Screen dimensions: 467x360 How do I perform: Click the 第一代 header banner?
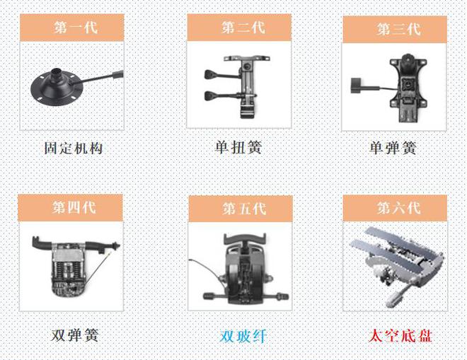tap(71, 28)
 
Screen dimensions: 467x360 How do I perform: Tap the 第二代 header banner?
tap(239, 27)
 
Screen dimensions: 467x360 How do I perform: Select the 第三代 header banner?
tap(395, 30)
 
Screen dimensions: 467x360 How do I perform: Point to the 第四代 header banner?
tap(70, 207)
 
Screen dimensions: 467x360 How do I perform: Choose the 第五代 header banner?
tap(241, 209)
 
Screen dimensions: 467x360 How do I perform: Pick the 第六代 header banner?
tap(395, 208)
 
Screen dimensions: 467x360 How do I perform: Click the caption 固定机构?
tap(74, 148)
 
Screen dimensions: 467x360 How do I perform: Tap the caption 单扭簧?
tap(238, 147)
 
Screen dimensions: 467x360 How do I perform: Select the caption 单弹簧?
tap(393, 148)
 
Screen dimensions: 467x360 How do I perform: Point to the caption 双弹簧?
tap(74, 335)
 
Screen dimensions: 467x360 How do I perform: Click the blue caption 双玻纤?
tap(243, 337)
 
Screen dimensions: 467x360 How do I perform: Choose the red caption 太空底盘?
tap(400, 336)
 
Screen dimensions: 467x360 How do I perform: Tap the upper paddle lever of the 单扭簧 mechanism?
tap(222, 74)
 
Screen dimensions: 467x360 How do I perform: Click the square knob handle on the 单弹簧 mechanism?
tap(356, 85)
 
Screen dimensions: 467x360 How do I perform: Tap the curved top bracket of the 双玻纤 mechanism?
tap(245, 238)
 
